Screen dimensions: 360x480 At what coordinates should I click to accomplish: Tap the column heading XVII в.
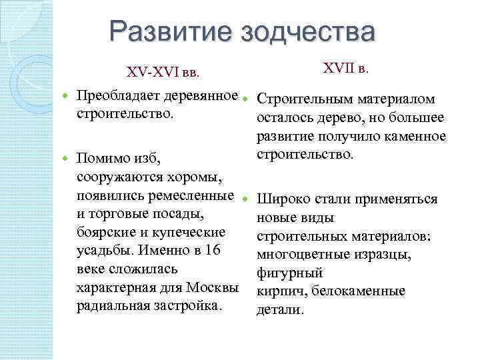pyautogui.click(x=346, y=68)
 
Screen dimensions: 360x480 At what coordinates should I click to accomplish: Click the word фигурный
pyautogui.click(x=290, y=273)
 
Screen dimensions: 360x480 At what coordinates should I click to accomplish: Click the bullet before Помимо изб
pyautogui.click(x=65, y=160)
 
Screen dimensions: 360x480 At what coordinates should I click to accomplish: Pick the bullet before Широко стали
pyautogui.click(x=245, y=199)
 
